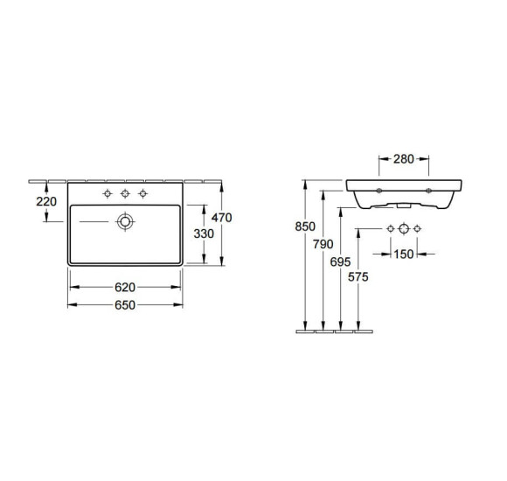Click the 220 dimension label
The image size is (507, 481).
tap(46, 201)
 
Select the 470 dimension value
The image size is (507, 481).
tap(221, 218)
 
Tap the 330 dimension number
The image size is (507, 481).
tap(204, 234)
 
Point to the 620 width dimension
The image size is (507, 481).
tap(125, 287)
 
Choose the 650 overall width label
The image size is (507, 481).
tap(125, 305)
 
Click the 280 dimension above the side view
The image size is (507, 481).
tap(404, 159)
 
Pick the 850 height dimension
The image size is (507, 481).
tap(305, 227)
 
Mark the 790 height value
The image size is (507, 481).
tap(323, 244)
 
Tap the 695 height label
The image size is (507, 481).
tap(340, 261)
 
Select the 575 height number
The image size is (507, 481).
tap(358, 277)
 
